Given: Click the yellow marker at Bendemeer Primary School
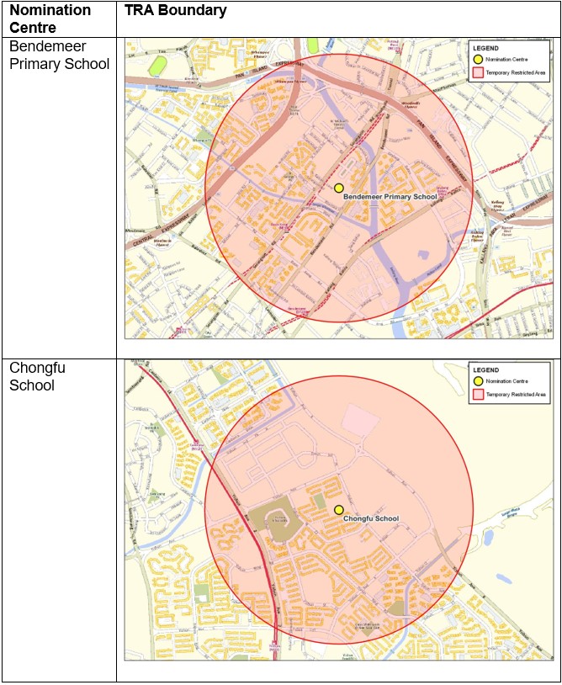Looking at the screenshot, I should click(339, 189).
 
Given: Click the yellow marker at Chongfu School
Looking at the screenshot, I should click(338, 510).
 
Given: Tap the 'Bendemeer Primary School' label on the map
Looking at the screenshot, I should click(390, 197).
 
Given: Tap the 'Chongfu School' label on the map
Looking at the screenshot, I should click(371, 519).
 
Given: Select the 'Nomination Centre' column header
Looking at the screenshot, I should click(50, 18).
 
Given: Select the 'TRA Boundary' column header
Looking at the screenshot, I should click(175, 11).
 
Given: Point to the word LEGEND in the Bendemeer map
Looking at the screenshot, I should click(486, 48).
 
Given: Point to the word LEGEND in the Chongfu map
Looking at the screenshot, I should click(486, 370).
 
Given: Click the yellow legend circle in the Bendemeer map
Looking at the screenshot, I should click(478, 60).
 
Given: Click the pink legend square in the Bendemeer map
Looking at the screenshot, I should click(478, 73).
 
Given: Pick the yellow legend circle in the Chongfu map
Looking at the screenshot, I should click(478, 381).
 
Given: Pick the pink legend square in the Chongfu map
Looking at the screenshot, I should click(478, 395).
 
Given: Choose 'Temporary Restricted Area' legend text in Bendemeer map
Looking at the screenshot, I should click(517, 73).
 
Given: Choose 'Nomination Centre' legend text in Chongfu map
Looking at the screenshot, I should click(508, 381).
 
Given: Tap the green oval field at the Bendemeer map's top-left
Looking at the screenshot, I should click(157, 64).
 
